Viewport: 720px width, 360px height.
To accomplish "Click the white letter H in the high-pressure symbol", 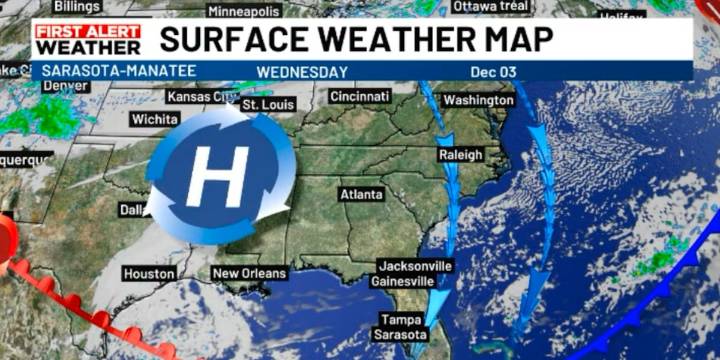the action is click(216, 176).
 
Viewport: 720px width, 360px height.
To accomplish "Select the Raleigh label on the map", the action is click(460, 155).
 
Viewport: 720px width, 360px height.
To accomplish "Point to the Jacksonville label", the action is click(415, 266).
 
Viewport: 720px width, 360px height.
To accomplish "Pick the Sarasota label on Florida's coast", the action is click(400, 335).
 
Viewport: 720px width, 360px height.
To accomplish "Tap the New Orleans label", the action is click(249, 273).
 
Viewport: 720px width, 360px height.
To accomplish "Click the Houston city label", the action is click(148, 273).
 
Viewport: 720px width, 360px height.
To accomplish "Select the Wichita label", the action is click(155, 119).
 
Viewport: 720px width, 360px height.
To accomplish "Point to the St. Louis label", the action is click(268, 105).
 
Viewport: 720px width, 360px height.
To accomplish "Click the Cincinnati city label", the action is click(359, 96).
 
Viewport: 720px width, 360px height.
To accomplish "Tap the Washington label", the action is click(478, 101).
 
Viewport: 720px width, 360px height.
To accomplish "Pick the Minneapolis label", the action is click(244, 11).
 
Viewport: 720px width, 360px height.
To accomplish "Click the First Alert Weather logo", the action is click(88, 39).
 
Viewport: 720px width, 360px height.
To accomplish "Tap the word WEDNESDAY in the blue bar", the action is click(302, 72).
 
